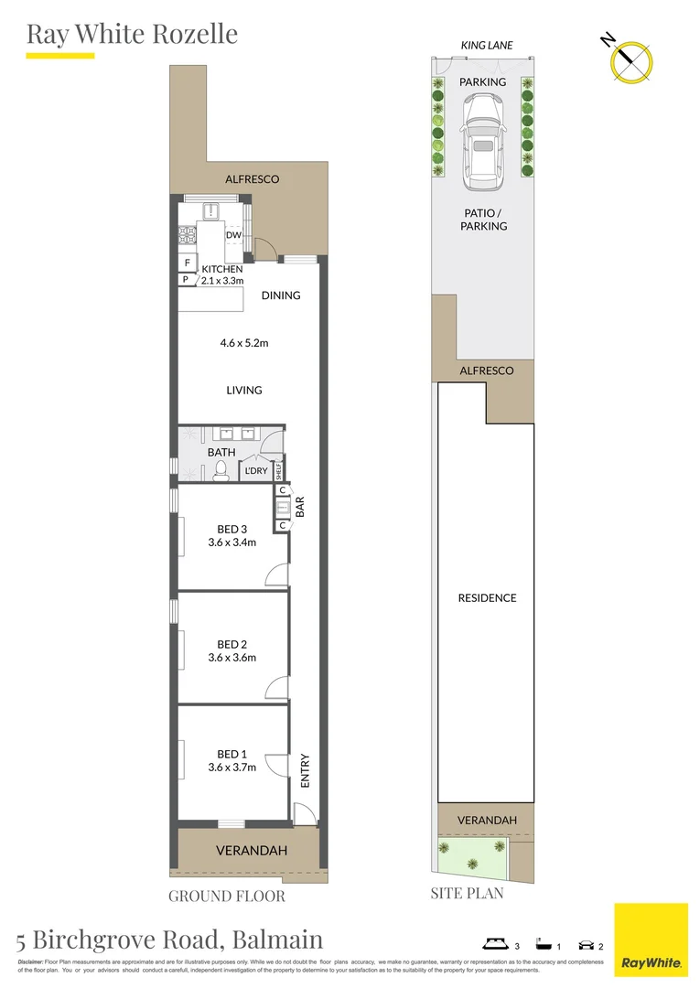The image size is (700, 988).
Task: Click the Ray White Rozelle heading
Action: coord(132,34)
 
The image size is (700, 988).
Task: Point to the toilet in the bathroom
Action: coord(220,470)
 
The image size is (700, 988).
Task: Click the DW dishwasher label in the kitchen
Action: coord(233,235)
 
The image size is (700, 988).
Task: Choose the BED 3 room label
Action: coord(232,529)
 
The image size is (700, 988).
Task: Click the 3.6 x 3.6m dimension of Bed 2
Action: coord(232,657)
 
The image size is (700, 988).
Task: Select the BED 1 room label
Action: coord(232,754)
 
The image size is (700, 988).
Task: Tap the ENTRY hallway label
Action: coord(305,770)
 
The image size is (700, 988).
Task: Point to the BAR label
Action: coord(299,507)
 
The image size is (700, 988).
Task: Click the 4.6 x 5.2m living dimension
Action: coord(244,343)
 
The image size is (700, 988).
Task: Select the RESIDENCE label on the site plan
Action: coord(487,597)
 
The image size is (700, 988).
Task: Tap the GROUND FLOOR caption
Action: coord(226,896)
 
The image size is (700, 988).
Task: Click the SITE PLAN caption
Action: coord(467,893)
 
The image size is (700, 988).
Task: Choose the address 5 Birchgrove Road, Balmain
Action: coord(169,939)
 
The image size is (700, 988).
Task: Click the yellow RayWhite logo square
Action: coord(651,940)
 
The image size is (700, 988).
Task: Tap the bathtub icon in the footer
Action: coord(542,943)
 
